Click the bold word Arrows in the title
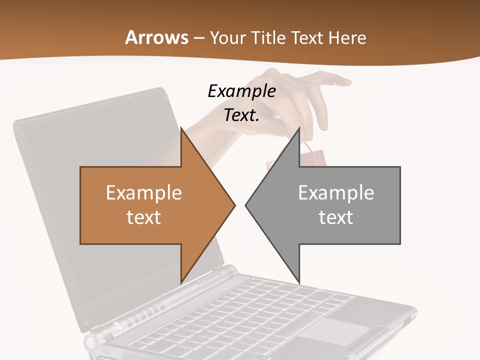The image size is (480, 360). [x=156, y=37]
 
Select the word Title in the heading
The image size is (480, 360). [x=267, y=38]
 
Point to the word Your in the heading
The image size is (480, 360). [x=227, y=38]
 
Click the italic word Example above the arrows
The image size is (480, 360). [x=241, y=91]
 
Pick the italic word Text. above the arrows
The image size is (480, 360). [x=241, y=115]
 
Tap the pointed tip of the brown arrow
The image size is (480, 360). [x=233, y=205]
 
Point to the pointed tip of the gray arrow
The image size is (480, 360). [x=247, y=205]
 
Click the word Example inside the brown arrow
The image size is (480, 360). [x=144, y=193]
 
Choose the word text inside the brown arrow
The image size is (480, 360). [x=144, y=217]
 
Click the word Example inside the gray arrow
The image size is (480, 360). [x=336, y=193]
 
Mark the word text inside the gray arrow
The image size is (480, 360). [x=336, y=217]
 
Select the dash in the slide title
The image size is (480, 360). [x=198, y=38]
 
